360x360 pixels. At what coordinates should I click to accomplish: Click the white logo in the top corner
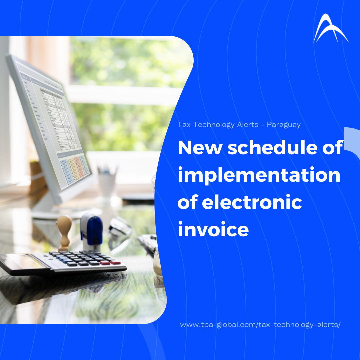click(331, 28)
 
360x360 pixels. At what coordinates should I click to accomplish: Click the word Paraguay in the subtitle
click(284, 125)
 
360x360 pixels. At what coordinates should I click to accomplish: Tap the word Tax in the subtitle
click(184, 125)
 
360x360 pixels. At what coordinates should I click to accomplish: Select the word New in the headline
click(200, 148)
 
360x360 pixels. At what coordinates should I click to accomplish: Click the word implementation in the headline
click(259, 175)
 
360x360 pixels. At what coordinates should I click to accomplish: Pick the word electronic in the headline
click(252, 202)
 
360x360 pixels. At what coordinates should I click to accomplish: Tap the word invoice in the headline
click(213, 229)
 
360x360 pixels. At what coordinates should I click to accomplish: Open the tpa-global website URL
click(260, 325)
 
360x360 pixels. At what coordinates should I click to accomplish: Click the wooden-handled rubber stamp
click(64, 232)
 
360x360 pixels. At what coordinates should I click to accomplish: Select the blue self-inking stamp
click(91, 231)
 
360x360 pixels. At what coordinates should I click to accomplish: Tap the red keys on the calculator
click(110, 262)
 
